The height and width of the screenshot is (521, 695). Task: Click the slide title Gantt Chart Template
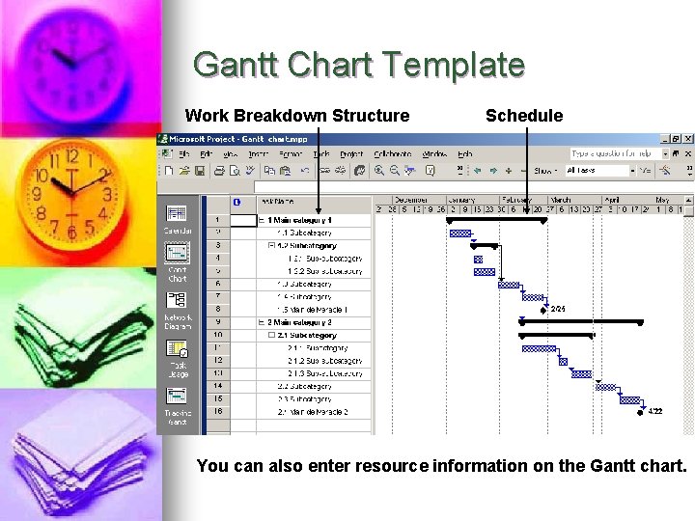click(358, 66)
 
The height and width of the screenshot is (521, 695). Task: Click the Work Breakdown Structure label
click(297, 116)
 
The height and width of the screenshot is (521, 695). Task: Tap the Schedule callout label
click(523, 116)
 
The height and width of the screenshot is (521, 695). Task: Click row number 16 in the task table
click(218, 411)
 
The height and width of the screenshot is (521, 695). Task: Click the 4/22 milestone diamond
click(642, 411)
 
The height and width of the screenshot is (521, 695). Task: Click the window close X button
click(687, 139)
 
